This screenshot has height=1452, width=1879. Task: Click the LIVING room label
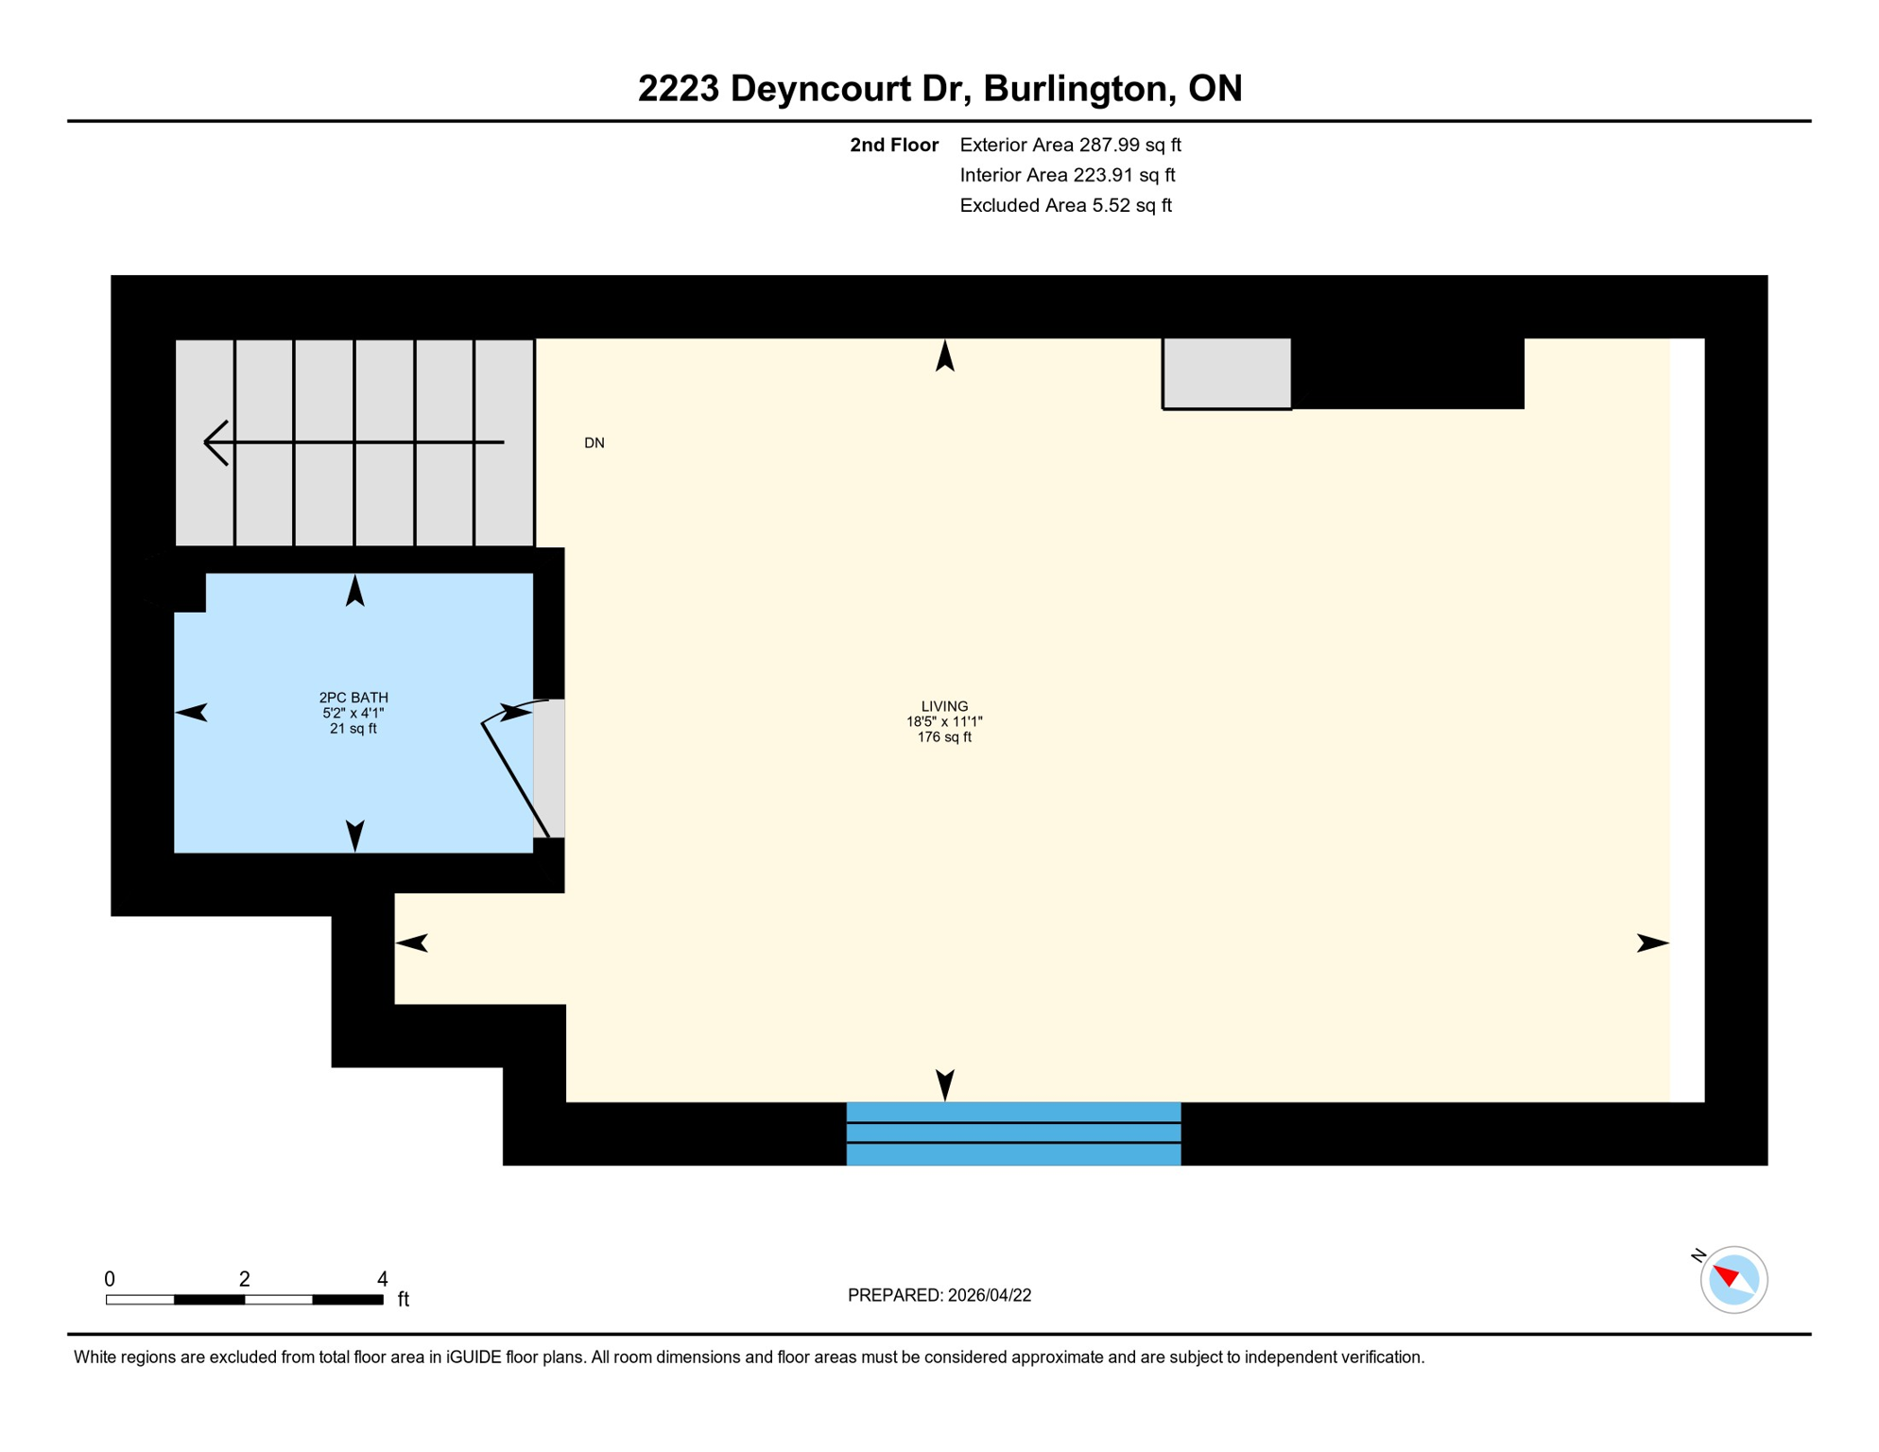(x=943, y=706)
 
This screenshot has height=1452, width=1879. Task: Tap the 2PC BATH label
(x=353, y=698)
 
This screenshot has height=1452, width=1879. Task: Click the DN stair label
(x=594, y=442)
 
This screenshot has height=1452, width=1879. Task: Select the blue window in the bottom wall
(x=1012, y=1132)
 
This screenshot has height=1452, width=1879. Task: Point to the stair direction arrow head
(x=214, y=442)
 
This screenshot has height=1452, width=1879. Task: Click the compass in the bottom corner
(x=1732, y=1280)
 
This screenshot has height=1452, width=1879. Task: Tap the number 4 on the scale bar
(x=382, y=1279)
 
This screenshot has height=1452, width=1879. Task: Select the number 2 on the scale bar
(x=244, y=1279)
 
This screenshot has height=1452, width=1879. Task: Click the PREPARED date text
(x=939, y=1295)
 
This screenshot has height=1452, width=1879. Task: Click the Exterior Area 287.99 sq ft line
(x=1069, y=145)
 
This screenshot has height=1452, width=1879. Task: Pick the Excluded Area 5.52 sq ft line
(x=1064, y=205)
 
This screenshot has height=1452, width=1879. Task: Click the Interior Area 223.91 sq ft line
(x=1066, y=175)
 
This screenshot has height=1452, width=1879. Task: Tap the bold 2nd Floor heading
(x=893, y=145)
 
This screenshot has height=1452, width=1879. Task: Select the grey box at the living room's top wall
(x=1226, y=372)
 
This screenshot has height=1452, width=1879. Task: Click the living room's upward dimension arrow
(x=944, y=356)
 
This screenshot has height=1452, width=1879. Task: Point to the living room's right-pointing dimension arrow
(x=1651, y=942)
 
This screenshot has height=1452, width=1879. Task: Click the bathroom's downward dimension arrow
(x=354, y=834)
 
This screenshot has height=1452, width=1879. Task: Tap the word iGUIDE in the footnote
(x=474, y=1357)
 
